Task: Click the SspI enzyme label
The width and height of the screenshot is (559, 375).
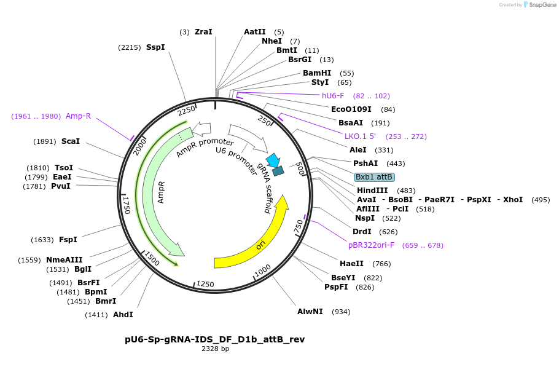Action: [x=155, y=47]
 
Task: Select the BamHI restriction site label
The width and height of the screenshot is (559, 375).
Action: [x=316, y=73]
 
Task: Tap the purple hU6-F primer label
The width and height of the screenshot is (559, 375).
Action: [x=333, y=96]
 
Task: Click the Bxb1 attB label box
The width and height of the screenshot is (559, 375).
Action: [x=374, y=177]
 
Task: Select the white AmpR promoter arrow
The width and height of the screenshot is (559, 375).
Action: [x=201, y=130]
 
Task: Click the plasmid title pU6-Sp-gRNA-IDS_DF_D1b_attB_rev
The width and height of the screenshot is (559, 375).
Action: [x=214, y=339]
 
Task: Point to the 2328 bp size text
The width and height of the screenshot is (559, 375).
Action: [x=215, y=349]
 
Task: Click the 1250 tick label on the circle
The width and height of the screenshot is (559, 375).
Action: [x=205, y=283]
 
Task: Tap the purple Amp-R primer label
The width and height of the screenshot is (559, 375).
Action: [x=78, y=116]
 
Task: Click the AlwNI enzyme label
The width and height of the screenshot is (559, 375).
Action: [x=310, y=312]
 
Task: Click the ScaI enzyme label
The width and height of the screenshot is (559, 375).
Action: [x=70, y=141]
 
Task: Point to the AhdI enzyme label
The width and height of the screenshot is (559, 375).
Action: [x=123, y=315]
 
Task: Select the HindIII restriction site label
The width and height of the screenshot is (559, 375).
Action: [x=372, y=191]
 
